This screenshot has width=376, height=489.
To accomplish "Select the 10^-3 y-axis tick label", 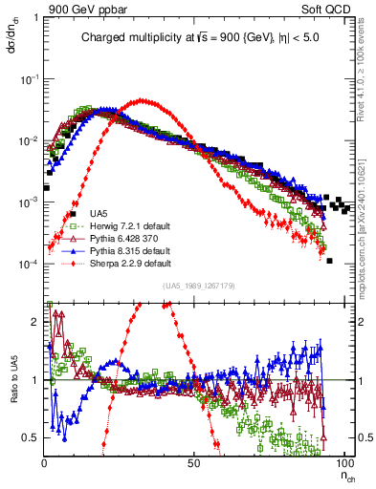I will (x=29, y=202).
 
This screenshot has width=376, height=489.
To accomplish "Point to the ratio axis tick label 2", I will (x=35, y=322).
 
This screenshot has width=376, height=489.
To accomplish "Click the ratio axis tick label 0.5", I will (x=32, y=437).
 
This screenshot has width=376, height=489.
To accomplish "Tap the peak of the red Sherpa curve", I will (x=143, y=100).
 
